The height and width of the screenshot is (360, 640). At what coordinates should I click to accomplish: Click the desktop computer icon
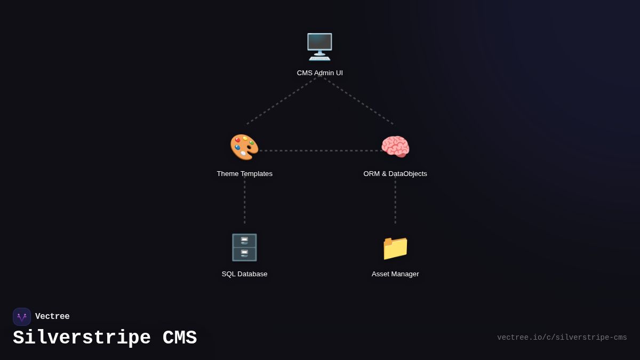319,47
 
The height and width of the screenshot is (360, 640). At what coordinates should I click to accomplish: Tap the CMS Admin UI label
319,73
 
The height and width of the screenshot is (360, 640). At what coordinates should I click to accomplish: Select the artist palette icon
244,147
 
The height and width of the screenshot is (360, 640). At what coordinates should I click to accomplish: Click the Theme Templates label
244,174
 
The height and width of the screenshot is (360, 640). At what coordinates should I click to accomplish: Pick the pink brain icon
395,147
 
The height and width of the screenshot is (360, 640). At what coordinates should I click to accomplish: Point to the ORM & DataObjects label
395,174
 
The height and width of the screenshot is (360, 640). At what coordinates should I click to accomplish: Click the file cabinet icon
244,247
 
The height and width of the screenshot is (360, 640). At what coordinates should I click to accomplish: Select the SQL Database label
244,274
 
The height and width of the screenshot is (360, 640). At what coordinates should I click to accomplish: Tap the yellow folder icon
395,247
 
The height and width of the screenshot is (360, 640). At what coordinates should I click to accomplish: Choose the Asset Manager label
395,274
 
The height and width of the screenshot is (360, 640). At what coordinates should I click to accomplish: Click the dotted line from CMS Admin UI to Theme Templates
282,101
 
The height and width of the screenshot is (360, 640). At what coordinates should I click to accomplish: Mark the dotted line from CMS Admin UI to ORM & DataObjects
357,101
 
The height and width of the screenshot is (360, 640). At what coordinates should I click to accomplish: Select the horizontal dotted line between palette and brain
320,150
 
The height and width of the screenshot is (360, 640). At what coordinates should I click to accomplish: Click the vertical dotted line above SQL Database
244,202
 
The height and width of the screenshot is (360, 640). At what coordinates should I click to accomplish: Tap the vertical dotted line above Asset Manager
395,202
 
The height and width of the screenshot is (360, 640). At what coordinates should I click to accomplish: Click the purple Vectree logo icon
22,317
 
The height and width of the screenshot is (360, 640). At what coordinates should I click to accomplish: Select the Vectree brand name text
52,317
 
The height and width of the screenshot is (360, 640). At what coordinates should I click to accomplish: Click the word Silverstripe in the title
82,338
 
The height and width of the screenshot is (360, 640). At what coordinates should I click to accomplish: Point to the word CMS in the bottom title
180,338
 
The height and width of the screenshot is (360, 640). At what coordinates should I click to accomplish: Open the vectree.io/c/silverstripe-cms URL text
562,338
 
